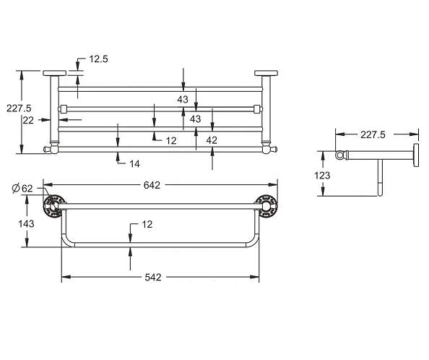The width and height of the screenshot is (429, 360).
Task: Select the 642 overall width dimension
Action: (152, 185)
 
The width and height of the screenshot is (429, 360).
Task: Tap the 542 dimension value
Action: (152, 277)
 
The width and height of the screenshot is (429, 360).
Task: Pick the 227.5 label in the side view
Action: (373, 134)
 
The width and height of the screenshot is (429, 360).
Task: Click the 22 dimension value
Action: (28, 121)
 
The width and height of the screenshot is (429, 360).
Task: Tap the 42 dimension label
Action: (212, 140)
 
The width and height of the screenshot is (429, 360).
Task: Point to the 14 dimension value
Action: (134, 163)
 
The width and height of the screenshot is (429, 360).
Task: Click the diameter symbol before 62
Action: (16, 189)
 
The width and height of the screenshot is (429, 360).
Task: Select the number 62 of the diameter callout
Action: (27, 189)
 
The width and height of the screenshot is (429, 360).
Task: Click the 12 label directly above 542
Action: (147, 225)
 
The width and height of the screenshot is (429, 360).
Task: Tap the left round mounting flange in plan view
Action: (53, 206)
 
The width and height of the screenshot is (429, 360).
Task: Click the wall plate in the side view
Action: (416, 155)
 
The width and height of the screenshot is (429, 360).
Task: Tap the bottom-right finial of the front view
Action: (273, 149)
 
